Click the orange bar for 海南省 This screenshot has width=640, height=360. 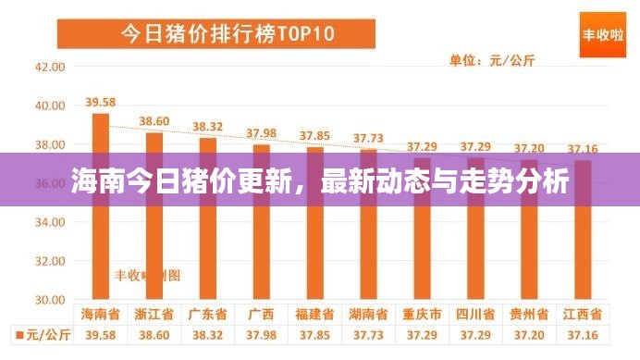click(x=100, y=231)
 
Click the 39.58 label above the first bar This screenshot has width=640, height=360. click(x=100, y=102)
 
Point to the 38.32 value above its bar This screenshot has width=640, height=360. click(x=207, y=126)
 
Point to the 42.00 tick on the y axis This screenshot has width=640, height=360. click(x=49, y=67)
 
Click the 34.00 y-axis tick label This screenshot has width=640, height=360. click(x=49, y=222)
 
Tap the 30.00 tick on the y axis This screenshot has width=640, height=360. click(x=49, y=300)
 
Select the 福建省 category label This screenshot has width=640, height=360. click(x=314, y=314)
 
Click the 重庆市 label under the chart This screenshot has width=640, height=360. click(x=422, y=314)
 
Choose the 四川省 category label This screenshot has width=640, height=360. click(x=475, y=314)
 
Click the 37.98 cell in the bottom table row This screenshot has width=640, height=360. click(x=261, y=333)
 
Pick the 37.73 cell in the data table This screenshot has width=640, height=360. click(x=368, y=333)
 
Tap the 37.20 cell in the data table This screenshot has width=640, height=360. click(x=529, y=333)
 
